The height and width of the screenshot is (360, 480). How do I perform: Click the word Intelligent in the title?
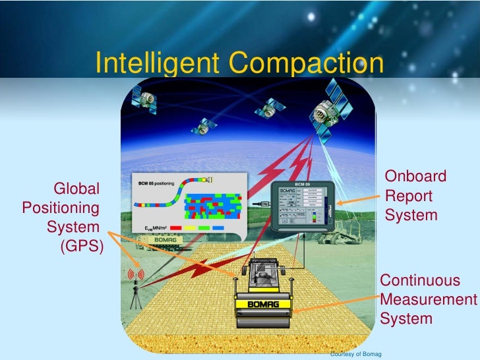coord(156,63)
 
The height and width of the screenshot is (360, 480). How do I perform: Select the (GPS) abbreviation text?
coord(81,247)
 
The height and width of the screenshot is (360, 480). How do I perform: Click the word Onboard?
coord(415,177)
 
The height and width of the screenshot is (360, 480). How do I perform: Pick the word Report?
coord(409,196)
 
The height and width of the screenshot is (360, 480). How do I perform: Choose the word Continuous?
coord(420,280)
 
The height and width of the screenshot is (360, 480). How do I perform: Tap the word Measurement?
coord(428,300)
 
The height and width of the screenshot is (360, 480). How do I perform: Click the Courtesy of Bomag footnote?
coord(355,355)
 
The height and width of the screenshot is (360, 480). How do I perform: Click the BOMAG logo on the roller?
coord(263,304)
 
